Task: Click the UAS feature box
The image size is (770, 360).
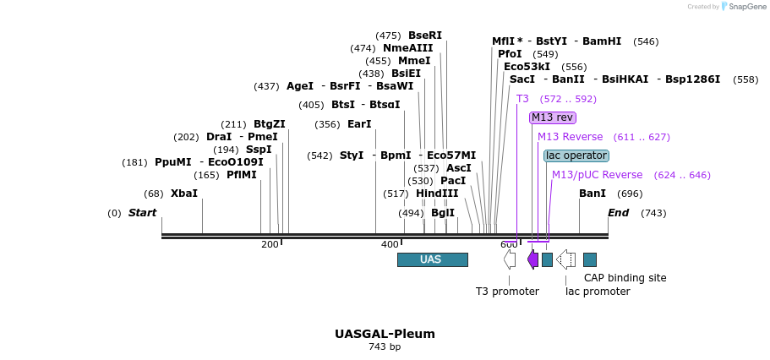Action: coord(432,259)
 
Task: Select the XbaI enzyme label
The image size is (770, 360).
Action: coord(183,194)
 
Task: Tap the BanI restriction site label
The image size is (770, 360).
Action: coord(593,194)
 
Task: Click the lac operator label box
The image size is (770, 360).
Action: coord(576,155)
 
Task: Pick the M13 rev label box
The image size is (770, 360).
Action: coord(552,117)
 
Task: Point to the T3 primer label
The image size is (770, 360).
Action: coord(522,99)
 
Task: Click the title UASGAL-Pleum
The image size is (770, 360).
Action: coord(385,333)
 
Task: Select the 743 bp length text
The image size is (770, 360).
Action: coord(385,346)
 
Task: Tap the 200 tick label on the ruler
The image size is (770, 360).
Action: coord(270,245)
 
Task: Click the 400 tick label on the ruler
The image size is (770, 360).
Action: coord(390,245)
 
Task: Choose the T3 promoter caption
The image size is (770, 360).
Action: coord(507,292)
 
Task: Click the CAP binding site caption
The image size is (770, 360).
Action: coord(625,277)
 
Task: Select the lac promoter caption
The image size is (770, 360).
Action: coord(598,292)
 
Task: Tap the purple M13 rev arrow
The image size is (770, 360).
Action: coord(532,259)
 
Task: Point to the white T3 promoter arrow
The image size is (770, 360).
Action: coord(509,259)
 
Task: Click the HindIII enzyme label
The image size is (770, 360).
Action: coord(437,194)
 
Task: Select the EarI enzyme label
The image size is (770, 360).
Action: coord(359,124)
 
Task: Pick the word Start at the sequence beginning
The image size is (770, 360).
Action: coord(142,213)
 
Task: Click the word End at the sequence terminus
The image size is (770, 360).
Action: coord(619,213)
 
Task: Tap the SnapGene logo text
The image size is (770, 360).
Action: coord(745,6)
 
